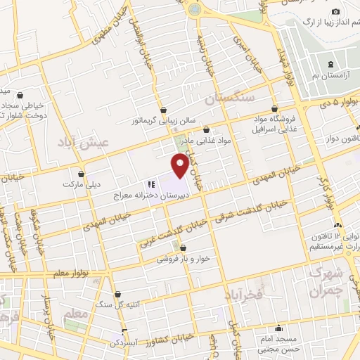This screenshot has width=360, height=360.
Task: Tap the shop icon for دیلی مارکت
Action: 82,174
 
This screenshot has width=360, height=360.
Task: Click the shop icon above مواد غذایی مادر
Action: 206,130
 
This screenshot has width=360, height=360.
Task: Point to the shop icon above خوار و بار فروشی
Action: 183,247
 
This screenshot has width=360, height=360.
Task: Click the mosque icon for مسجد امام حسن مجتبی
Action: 280,328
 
